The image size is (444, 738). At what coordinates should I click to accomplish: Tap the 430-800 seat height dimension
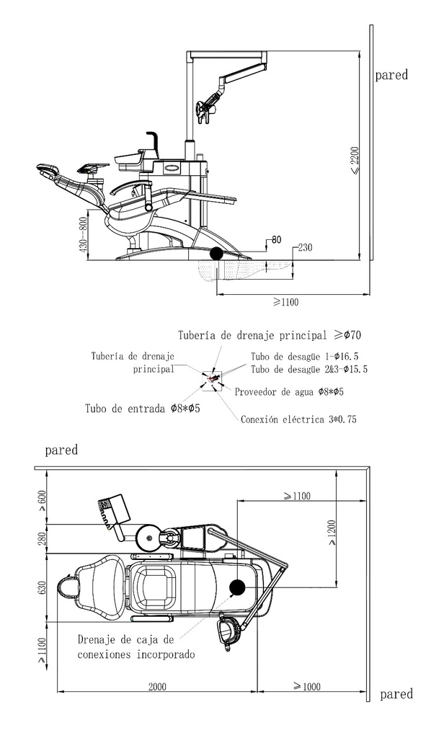point(84,236)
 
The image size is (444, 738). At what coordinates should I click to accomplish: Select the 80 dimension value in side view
point(276,239)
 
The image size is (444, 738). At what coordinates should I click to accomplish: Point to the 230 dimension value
point(305,247)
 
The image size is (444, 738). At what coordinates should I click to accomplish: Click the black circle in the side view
point(216,254)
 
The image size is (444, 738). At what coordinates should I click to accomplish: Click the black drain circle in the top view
point(237,587)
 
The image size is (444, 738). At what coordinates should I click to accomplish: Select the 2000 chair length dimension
point(157,687)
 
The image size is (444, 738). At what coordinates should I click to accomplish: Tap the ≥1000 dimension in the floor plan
point(306,686)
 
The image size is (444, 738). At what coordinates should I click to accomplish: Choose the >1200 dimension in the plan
point(332,533)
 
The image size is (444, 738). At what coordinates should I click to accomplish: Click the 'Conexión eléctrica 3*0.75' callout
point(298,419)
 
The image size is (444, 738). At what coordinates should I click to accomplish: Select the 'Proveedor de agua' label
point(289,391)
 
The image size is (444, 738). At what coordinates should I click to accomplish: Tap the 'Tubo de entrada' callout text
point(142,408)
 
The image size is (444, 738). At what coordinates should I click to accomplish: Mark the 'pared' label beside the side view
point(391,75)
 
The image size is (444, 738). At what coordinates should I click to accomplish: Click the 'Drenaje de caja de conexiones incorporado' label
point(136,646)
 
